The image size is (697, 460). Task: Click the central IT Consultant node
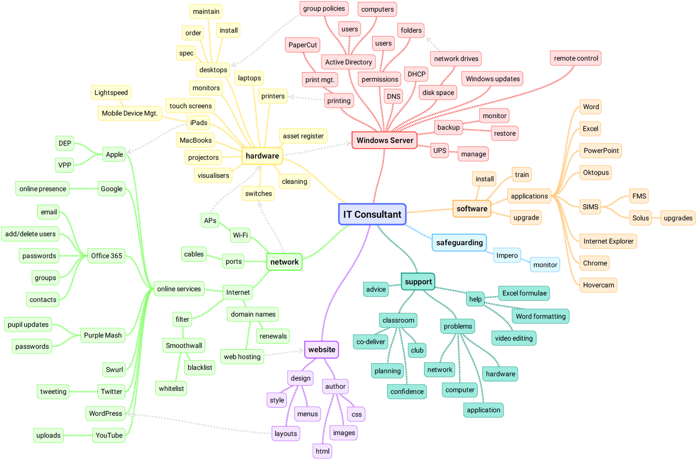click(x=372, y=214)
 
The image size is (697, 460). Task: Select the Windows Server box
click(x=385, y=140)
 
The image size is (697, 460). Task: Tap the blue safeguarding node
click(x=459, y=243)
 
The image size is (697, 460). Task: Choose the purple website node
click(x=321, y=350)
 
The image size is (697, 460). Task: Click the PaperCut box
click(x=303, y=45)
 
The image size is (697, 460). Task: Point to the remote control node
click(x=576, y=58)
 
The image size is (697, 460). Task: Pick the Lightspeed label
click(x=111, y=93)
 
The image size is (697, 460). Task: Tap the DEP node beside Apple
click(x=65, y=143)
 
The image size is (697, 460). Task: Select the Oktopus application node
click(x=596, y=173)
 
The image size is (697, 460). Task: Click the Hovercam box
click(x=598, y=285)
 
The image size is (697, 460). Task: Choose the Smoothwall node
click(x=184, y=346)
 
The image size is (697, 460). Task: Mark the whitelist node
click(x=171, y=389)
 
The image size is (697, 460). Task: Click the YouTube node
click(x=109, y=436)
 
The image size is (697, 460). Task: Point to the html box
click(x=322, y=451)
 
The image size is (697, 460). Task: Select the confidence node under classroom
click(x=407, y=392)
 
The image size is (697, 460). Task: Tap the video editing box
click(x=514, y=338)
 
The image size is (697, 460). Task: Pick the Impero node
click(x=507, y=256)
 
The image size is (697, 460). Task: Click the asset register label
click(x=303, y=136)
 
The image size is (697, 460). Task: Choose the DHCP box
click(x=416, y=74)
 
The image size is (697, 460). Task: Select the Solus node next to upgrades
click(x=640, y=218)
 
